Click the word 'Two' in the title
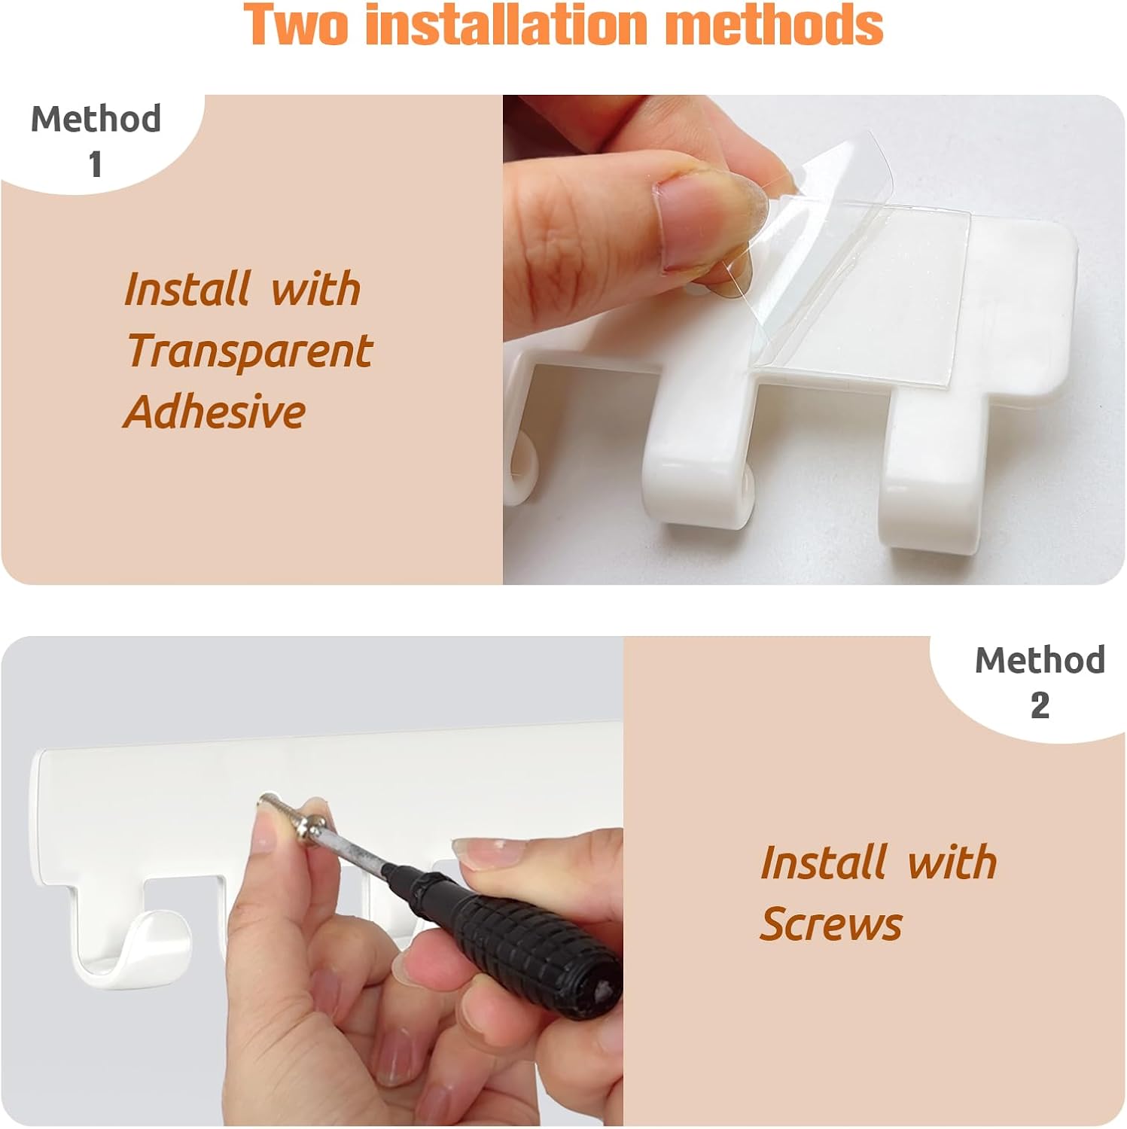(297, 24)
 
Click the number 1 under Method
(95, 165)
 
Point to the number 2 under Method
(1040, 705)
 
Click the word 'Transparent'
(249, 351)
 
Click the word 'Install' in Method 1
(187, 289)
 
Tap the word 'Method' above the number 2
(1040, 659)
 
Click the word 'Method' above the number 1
(96, 118)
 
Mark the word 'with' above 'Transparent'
(316, 289)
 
